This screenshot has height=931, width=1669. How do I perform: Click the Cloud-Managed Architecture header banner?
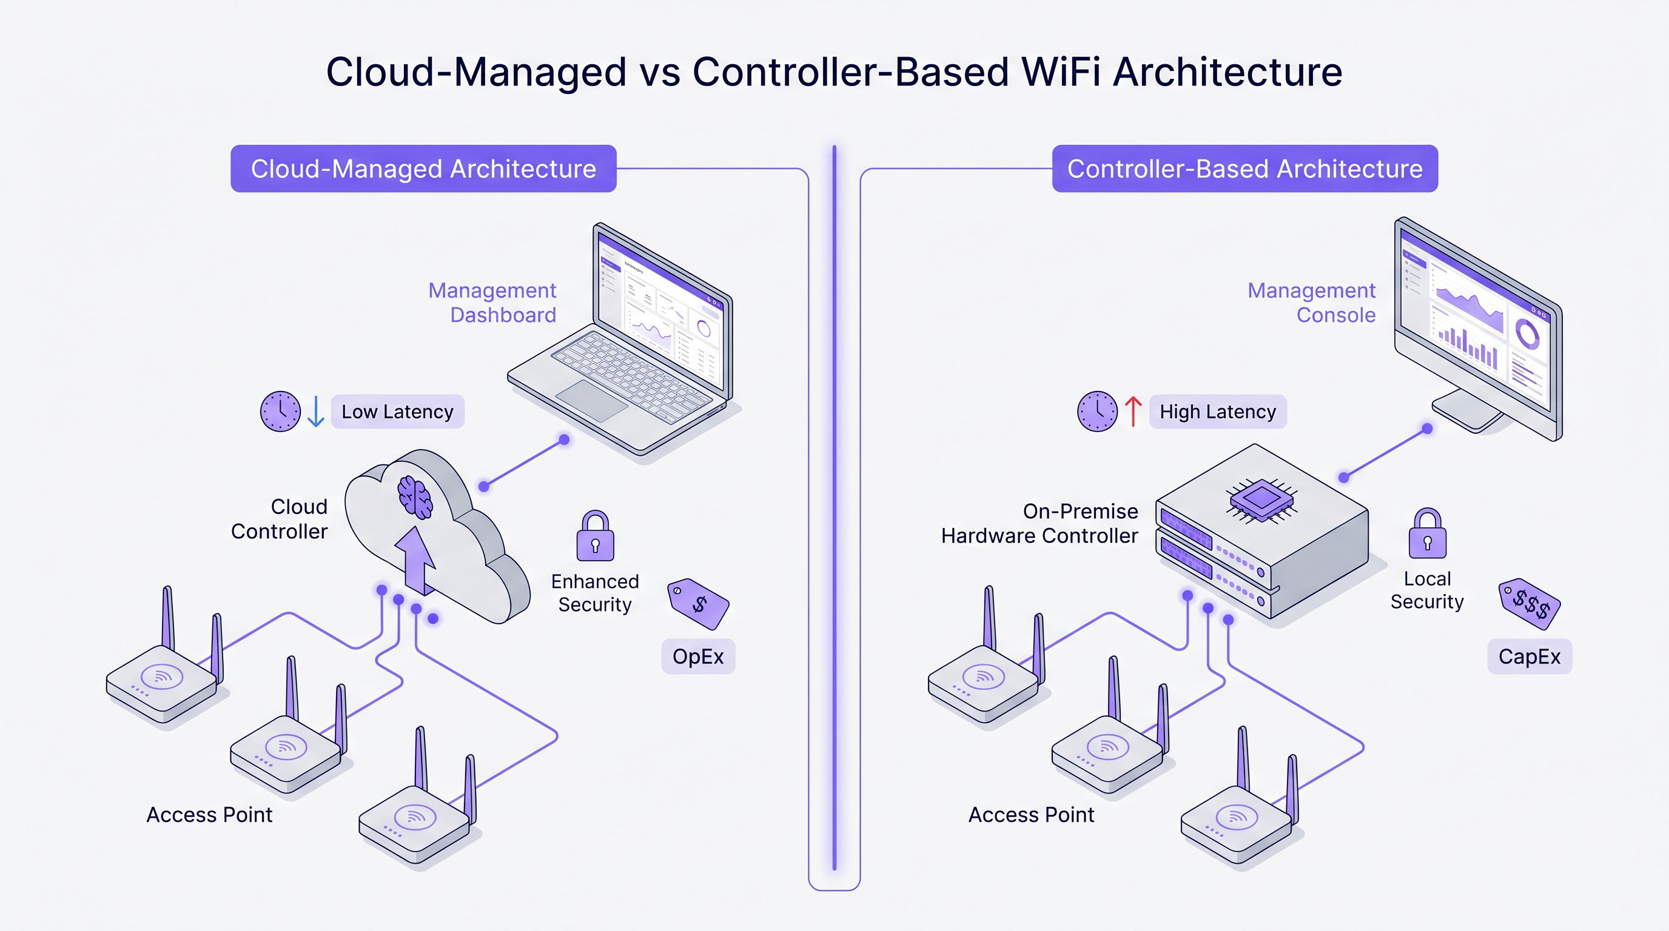423,169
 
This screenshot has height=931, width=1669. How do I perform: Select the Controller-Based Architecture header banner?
1244,169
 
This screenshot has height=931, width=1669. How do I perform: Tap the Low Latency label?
397,412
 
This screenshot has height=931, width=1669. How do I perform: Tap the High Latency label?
1217,412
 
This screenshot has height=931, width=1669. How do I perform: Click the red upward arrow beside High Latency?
1133,411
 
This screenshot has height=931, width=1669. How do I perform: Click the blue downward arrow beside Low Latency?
315,411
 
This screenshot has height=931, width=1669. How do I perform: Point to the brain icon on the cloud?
415,496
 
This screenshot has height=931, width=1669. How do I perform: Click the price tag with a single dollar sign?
698,604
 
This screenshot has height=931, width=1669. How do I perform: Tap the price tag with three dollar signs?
1530,604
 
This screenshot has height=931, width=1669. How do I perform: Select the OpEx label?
698,656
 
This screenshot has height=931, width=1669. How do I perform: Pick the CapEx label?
1529,656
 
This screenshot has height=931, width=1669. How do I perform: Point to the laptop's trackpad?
591,400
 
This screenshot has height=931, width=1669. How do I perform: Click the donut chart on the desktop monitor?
1527,334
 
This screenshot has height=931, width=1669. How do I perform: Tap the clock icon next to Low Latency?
280,411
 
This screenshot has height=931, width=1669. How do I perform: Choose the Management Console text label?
1311,302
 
